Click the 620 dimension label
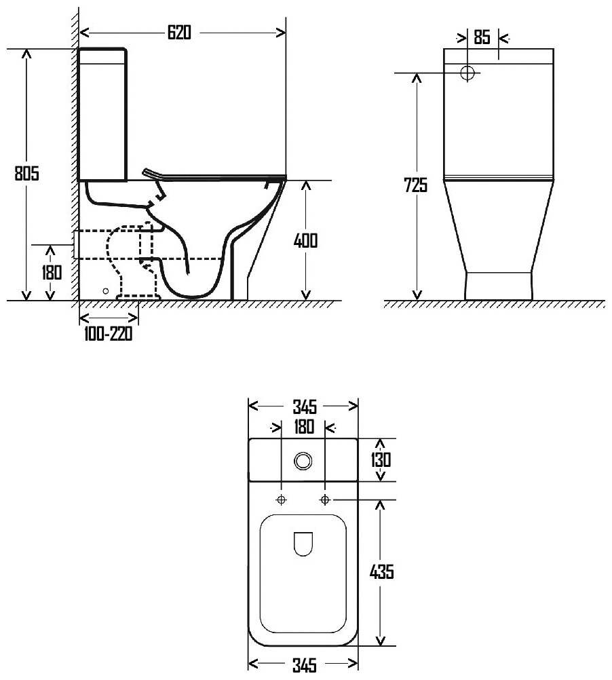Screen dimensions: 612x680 [x=179, y=33]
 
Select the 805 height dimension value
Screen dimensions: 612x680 [x=27, y=173]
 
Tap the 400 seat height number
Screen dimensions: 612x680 [x=305, y=241]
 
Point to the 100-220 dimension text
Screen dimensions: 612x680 [x=108, y=333]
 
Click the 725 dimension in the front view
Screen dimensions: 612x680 [x=416, y=185]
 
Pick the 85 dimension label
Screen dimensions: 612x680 [x=482, y=37]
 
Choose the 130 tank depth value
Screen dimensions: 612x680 [x=381, y=459]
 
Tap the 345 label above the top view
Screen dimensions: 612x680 [x=305, y=407]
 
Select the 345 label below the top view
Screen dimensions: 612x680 [x=305, y=665]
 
